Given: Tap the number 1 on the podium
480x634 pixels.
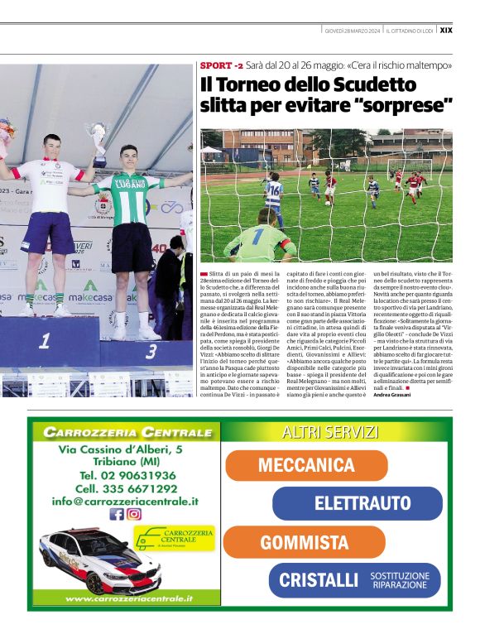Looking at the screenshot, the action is coord(43,340).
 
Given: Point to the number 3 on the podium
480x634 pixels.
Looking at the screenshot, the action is coord(152,351).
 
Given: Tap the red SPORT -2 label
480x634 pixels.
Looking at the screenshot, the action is coord(221,65).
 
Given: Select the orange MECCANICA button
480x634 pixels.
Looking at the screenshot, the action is coord(305,465).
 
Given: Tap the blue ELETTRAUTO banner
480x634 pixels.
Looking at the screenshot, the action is coord(362,503).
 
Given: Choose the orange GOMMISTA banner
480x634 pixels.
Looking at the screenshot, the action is coord(304,542).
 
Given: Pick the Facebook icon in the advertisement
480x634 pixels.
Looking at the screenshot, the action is coord(117,514).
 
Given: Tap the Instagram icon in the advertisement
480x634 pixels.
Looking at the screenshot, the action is coord(134,514).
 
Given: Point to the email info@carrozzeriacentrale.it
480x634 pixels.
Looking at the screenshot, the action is coord(124,501).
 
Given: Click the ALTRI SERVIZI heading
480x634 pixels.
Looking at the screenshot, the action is coord(330,432).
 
